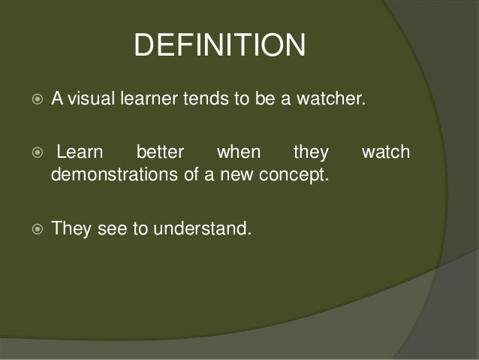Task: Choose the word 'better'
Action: [x=160, y=153]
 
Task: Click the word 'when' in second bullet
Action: [x=239, y=153]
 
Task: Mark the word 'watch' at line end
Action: [x=386, y=153]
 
